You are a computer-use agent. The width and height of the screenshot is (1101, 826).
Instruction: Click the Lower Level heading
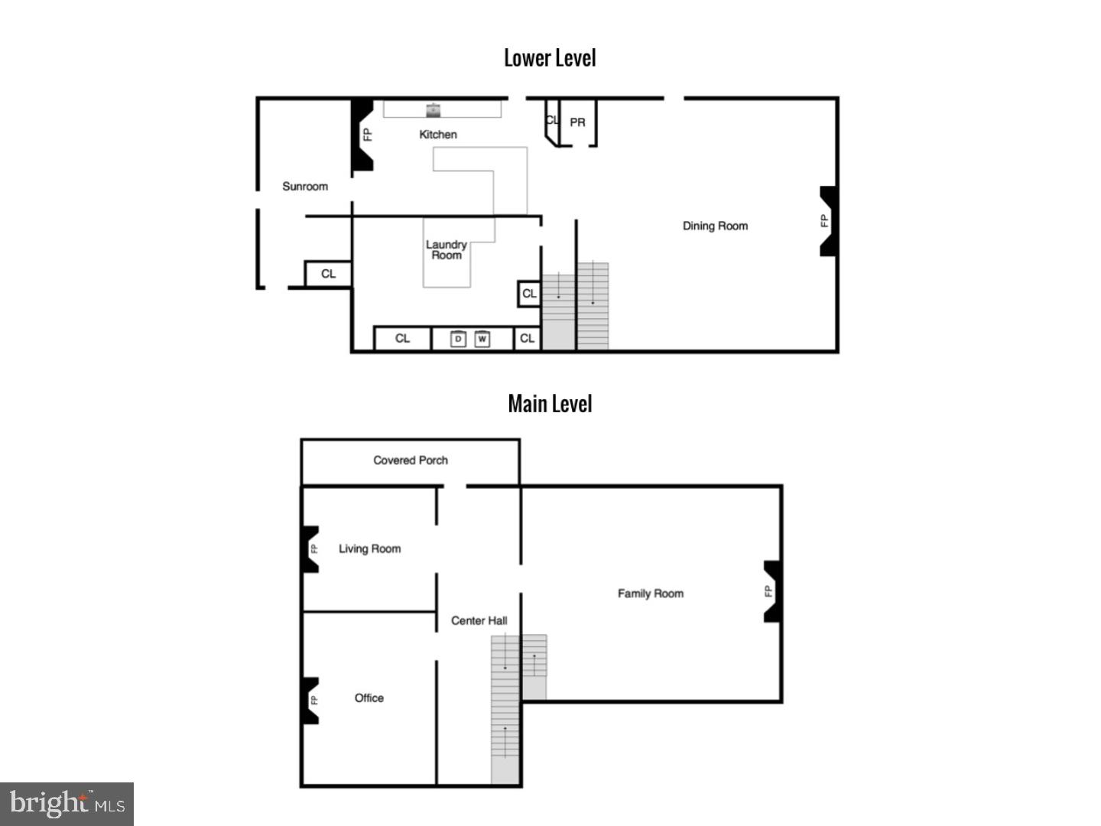[550, 58]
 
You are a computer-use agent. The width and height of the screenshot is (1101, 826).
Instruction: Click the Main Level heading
[550, 404]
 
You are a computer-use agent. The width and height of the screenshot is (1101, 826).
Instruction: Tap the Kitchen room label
[438, 135]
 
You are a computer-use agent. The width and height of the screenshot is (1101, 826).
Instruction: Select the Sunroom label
[305, 187]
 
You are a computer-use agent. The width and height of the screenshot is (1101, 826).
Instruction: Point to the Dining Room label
[715, 226]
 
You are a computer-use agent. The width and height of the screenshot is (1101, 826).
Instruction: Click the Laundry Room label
[447, 250]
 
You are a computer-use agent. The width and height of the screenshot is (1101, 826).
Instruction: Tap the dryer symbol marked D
[458, 339]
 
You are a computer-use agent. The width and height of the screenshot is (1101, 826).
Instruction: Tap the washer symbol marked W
[482, 339]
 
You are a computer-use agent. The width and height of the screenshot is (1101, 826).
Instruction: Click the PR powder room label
[577, 122]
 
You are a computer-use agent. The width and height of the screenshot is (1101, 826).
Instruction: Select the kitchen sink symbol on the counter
[434, 110]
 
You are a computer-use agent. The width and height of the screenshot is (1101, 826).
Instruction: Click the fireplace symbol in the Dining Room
[827, 221]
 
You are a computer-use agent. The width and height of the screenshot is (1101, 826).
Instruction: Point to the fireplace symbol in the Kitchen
[362, 135]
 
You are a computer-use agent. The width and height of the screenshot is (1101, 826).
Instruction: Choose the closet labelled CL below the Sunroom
[328, 274]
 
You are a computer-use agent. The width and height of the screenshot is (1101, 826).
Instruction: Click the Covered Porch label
[411, 460]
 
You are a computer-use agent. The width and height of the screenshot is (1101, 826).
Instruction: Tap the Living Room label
[369, 549]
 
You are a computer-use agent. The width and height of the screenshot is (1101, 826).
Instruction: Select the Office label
[369, 698]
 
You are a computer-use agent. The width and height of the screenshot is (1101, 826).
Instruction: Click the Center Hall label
[479, 621]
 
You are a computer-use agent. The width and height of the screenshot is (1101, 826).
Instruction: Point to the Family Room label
[651, 593]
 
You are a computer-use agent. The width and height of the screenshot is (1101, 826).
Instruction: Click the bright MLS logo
[67, 804]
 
